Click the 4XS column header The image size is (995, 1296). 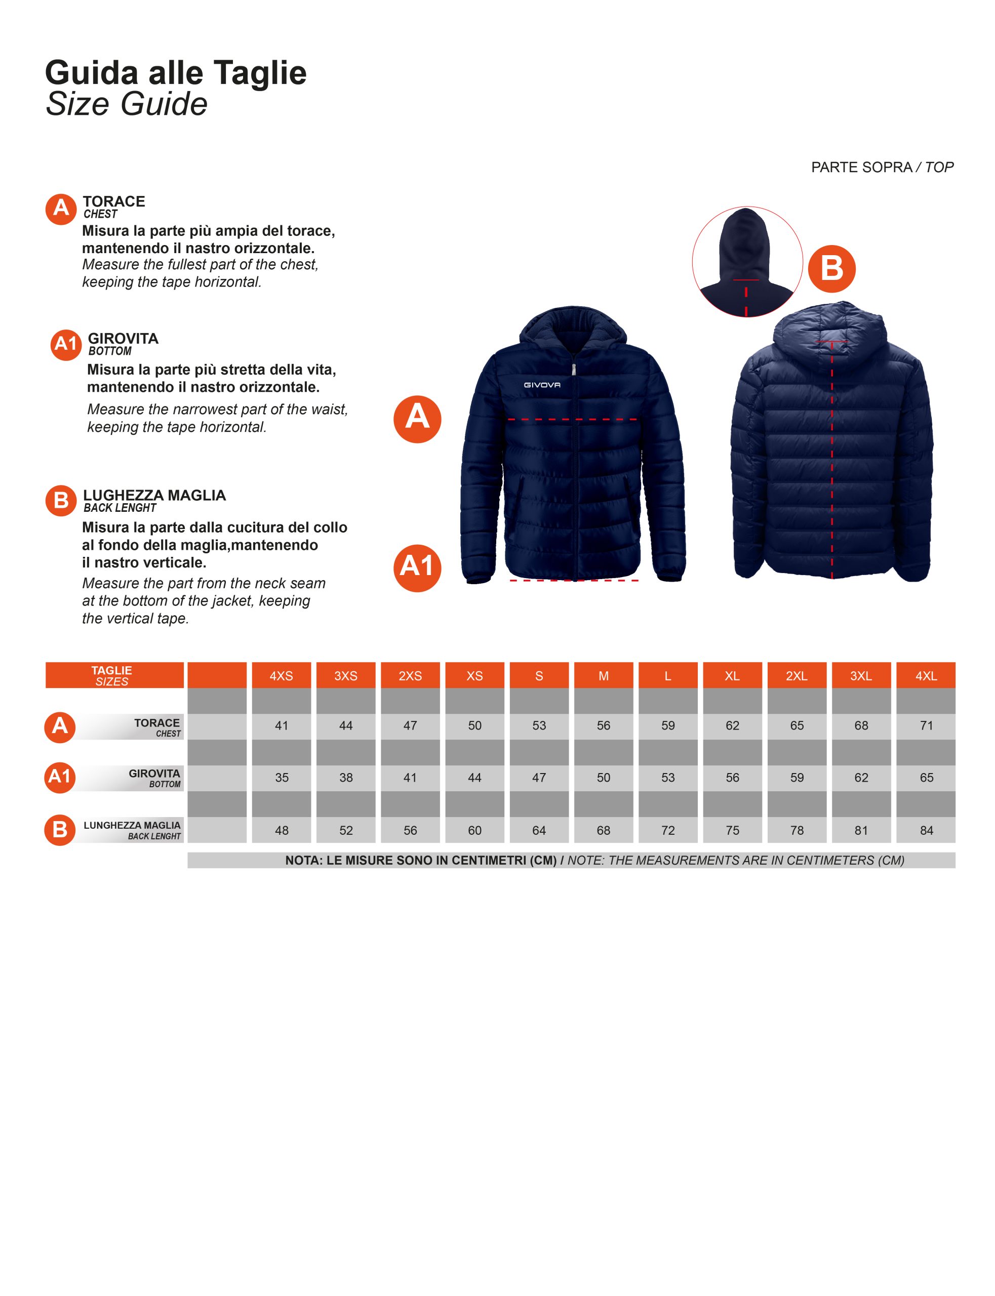(x=282, y=675)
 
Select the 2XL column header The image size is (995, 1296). (x=797, y=675)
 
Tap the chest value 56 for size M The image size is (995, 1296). (x=604, y=725)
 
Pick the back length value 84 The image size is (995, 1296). (x=926, y=830)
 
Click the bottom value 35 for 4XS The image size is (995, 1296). (x=282, y=778)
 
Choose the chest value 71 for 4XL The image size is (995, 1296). (x=926, y=725)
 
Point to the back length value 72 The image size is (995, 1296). (x=668, y=830)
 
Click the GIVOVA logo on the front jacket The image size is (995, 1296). (x=542, y=385)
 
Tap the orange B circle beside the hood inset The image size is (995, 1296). (x=831, y=268)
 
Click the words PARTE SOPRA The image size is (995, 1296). (x=861, y=168)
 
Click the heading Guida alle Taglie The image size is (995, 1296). (x=176, y=73)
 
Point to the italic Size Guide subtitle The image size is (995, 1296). (x=127, y=104)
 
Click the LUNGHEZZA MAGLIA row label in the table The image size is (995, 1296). (x=132, y=825)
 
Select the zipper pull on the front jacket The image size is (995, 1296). (x=573, y=369)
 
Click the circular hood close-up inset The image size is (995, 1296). (x=747, y=262)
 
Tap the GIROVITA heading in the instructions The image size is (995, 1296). (x=123, y=339)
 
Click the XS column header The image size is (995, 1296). (x=474, y=675)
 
